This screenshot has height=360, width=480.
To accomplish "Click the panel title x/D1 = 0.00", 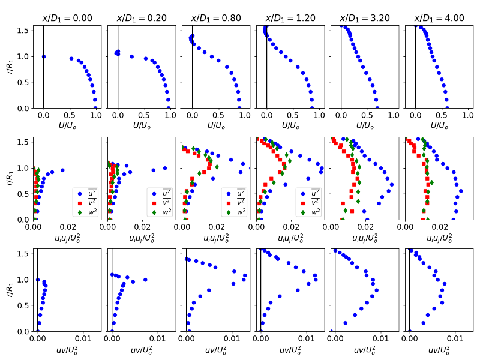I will click(x=67, y=18).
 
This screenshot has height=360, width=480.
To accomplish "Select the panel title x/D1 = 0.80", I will click(x=215, y=18).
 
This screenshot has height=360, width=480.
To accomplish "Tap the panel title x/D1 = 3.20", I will click(x=364, y=18).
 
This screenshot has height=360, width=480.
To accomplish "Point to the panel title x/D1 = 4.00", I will click(x=439, y=18).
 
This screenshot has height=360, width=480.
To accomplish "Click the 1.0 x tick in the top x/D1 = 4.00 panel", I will click(x=467, y=113).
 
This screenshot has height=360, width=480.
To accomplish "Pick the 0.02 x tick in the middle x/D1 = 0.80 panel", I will click(x=217, y=225).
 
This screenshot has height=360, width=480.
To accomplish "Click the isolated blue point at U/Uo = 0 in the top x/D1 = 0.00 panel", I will click(x=44, y=56).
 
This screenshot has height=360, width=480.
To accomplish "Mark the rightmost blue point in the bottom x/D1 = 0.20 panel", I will click(x=145, y=280).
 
